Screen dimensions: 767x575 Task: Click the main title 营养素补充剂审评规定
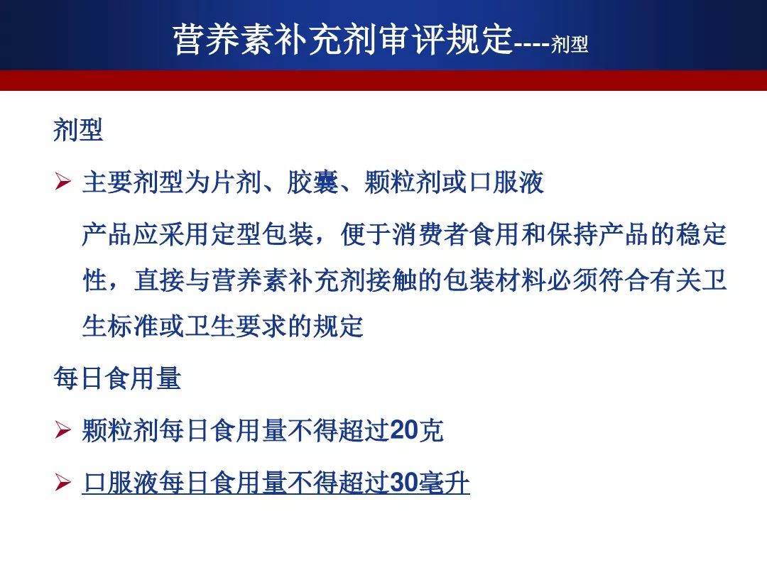coord(343,38)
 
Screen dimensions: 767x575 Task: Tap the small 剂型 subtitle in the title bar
coord(570,44)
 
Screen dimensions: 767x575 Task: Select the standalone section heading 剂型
coord(78,130)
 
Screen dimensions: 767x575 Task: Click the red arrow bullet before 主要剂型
coord(62,182)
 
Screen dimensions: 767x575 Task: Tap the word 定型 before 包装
coord(236,234)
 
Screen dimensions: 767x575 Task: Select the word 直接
coord(160,280)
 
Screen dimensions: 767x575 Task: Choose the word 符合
coord(624,280)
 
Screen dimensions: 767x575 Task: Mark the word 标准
coord(133,326)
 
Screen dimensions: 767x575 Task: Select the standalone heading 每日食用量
coord(117,378)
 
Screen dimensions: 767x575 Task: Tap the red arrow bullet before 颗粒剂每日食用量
coord(62,430)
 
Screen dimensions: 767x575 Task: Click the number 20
coord(404,431)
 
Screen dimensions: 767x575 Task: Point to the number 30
coord(404,483)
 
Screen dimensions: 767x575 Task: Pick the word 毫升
coord(444,483)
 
